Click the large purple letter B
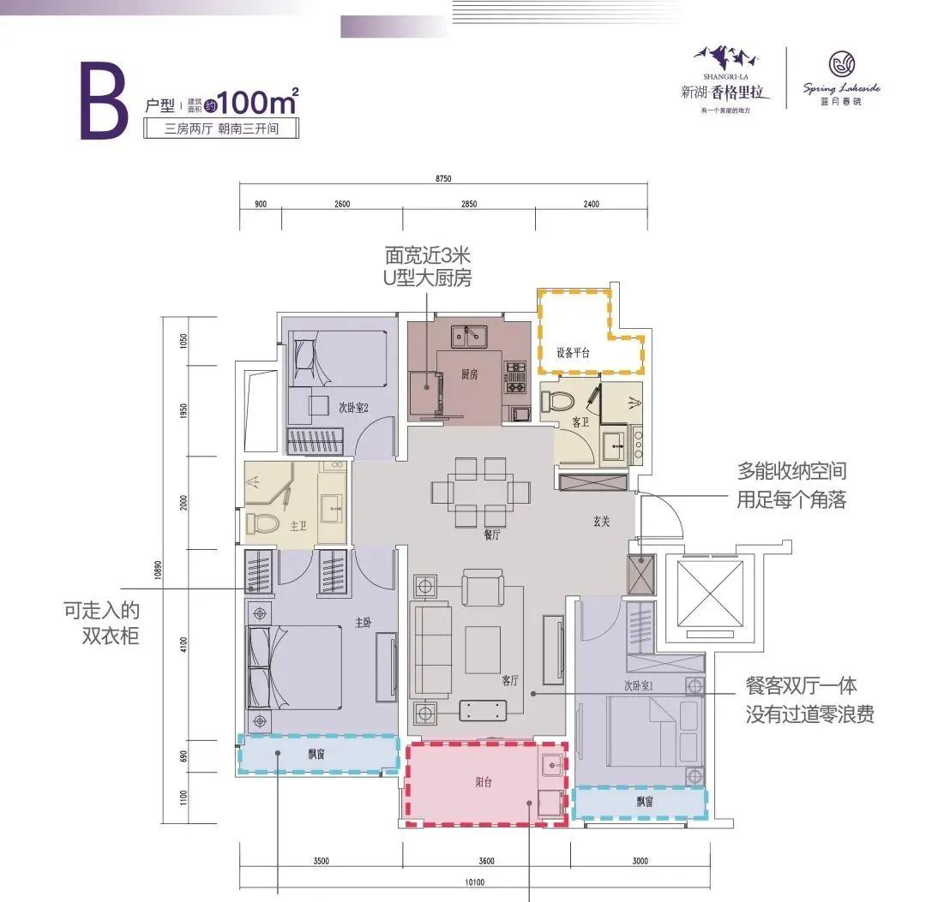point(104,105)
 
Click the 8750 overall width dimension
point(442,178)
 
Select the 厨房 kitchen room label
point(469,373)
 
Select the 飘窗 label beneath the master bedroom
point(318,755)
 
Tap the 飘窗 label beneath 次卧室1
point(644,802)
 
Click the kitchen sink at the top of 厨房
point(468,335)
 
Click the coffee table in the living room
point(483,649)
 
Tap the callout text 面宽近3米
point(427,255)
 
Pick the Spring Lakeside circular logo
point(840,65)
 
